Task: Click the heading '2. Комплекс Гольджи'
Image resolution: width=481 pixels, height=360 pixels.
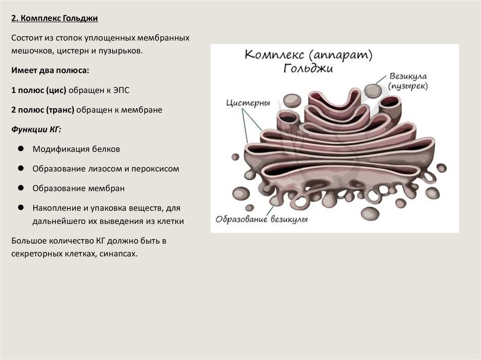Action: pos(54,18)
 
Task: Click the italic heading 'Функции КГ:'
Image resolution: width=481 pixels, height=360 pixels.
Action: pos(37,130)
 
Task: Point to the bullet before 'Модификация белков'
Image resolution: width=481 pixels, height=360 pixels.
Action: pos(21,149)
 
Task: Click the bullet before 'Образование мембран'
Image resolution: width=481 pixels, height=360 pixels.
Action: pos(21,188)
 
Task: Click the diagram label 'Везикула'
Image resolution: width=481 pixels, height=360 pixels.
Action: pos(407,77)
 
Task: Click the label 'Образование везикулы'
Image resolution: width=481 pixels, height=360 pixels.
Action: pos(261,220)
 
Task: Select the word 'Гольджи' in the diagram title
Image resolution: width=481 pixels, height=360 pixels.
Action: pos(308,69)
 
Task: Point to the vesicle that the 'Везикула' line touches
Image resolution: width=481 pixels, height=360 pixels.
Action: pos(373,91)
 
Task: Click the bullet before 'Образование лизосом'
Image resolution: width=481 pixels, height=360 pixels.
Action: pos(21,169)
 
